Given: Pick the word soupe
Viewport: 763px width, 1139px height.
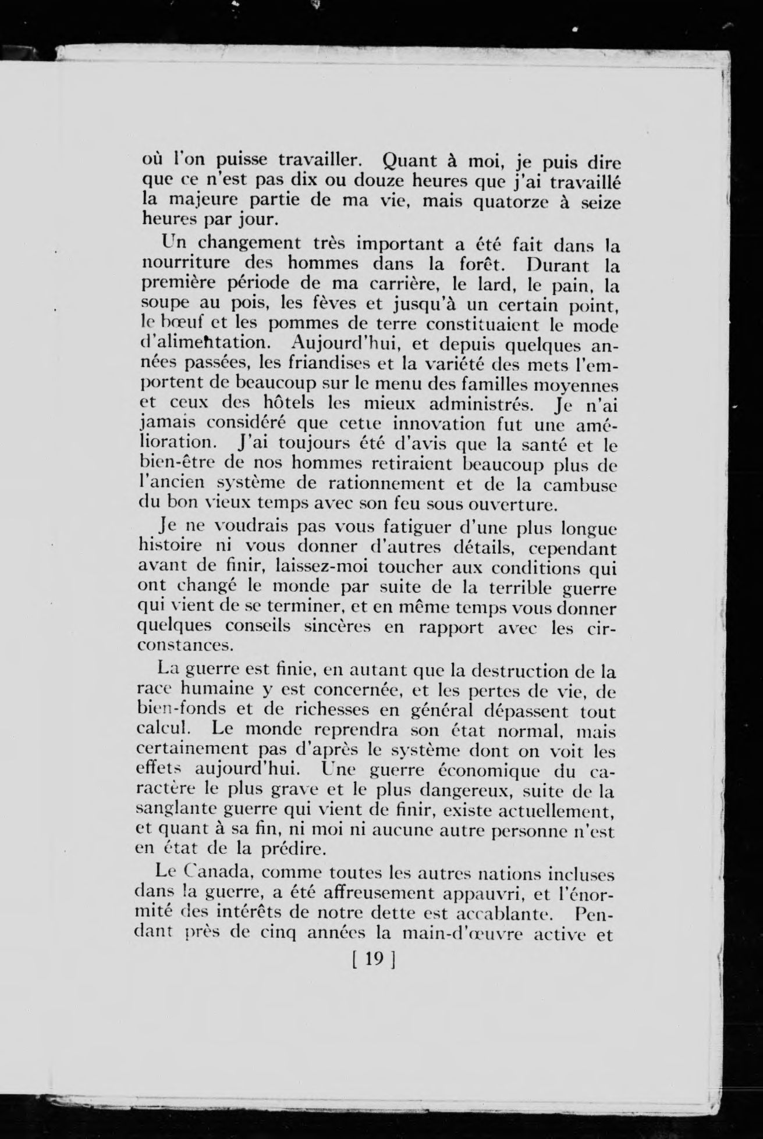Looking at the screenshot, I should coord(162,305).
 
